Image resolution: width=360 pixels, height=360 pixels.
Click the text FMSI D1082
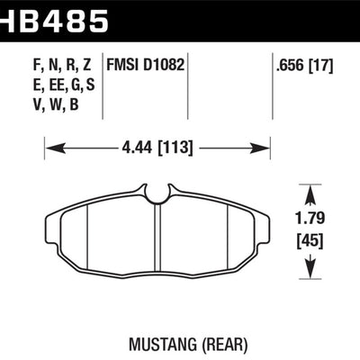tap(146, 65)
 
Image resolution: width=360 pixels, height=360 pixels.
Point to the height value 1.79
tap(310, 217)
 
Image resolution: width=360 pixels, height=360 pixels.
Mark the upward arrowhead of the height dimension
tap(310, 192)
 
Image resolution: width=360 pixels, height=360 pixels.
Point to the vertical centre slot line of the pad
tap(158, 238)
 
